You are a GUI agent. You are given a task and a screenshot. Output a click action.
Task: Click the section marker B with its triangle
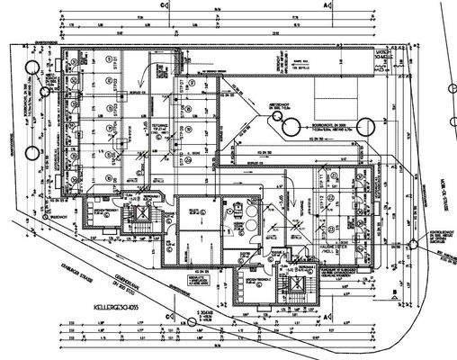click(x=394, y=292)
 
